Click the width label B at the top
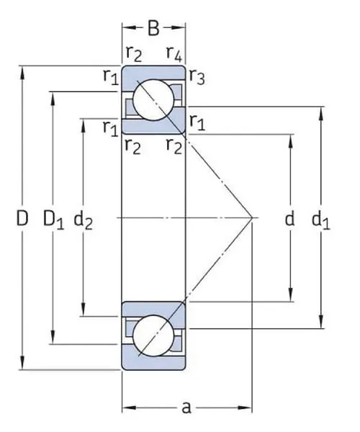point(153,29)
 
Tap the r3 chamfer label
point(197,78)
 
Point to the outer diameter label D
point(22,219)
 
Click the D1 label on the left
point(53,219)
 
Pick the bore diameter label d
point(289,219)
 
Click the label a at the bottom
point(186,408)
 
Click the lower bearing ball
point(153,333)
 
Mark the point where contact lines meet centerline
point(251,217)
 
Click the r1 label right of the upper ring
point(197,122)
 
